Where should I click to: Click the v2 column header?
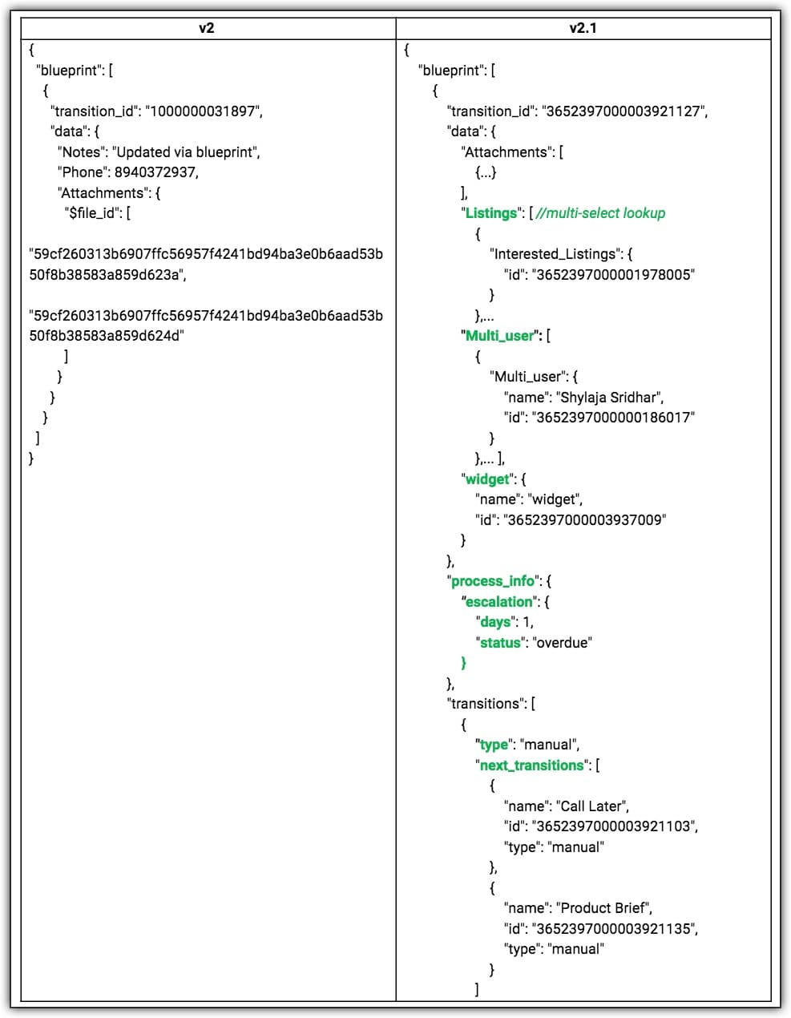coord(207,28)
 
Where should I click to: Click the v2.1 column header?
coord(583,28)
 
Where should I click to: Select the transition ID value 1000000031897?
coord(204,111)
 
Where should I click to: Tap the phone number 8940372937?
coord(155,172)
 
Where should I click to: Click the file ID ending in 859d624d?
coord(107,336)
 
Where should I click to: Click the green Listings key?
coord(491,213)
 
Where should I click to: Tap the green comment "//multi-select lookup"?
coord(600,213)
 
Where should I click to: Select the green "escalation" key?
coord(499,602)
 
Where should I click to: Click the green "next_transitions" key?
coord(531,766)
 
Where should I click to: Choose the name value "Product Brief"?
coord(604,908)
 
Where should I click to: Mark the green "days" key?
coord(495,622)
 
